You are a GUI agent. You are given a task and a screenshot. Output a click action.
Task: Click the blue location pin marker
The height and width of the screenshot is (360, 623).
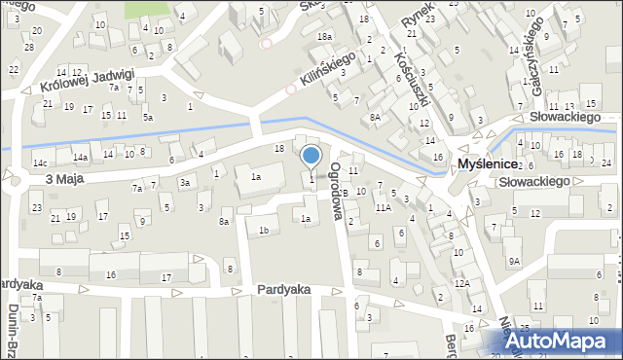(311, 156)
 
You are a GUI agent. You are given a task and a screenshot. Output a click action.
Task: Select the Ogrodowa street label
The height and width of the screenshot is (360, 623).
(338, 188)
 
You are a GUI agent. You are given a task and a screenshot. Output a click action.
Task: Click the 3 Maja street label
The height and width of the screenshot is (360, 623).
(61, 180)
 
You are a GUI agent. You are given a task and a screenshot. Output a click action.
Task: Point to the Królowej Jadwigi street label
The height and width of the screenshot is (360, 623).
(88, 81)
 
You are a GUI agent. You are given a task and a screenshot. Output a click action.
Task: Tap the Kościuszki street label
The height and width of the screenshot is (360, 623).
(408, 69)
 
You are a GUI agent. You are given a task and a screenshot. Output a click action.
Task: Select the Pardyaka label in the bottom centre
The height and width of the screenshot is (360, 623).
(283, 290)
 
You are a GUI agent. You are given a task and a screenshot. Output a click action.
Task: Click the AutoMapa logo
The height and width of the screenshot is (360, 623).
(564, 341)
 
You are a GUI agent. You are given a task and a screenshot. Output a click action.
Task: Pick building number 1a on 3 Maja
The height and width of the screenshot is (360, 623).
(256, 177)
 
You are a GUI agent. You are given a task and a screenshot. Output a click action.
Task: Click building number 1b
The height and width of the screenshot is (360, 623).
(264, 230)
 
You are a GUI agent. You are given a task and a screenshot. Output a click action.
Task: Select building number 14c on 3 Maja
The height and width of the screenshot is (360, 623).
(40, 162)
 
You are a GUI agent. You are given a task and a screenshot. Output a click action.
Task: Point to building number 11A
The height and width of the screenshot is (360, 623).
(384, 207)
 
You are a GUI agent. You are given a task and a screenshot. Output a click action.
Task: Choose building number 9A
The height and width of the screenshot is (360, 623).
(514, 261)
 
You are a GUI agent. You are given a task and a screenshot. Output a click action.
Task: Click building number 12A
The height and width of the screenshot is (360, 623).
(462, 283)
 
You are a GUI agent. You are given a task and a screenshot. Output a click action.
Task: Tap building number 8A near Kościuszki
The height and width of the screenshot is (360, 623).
(375, 117)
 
